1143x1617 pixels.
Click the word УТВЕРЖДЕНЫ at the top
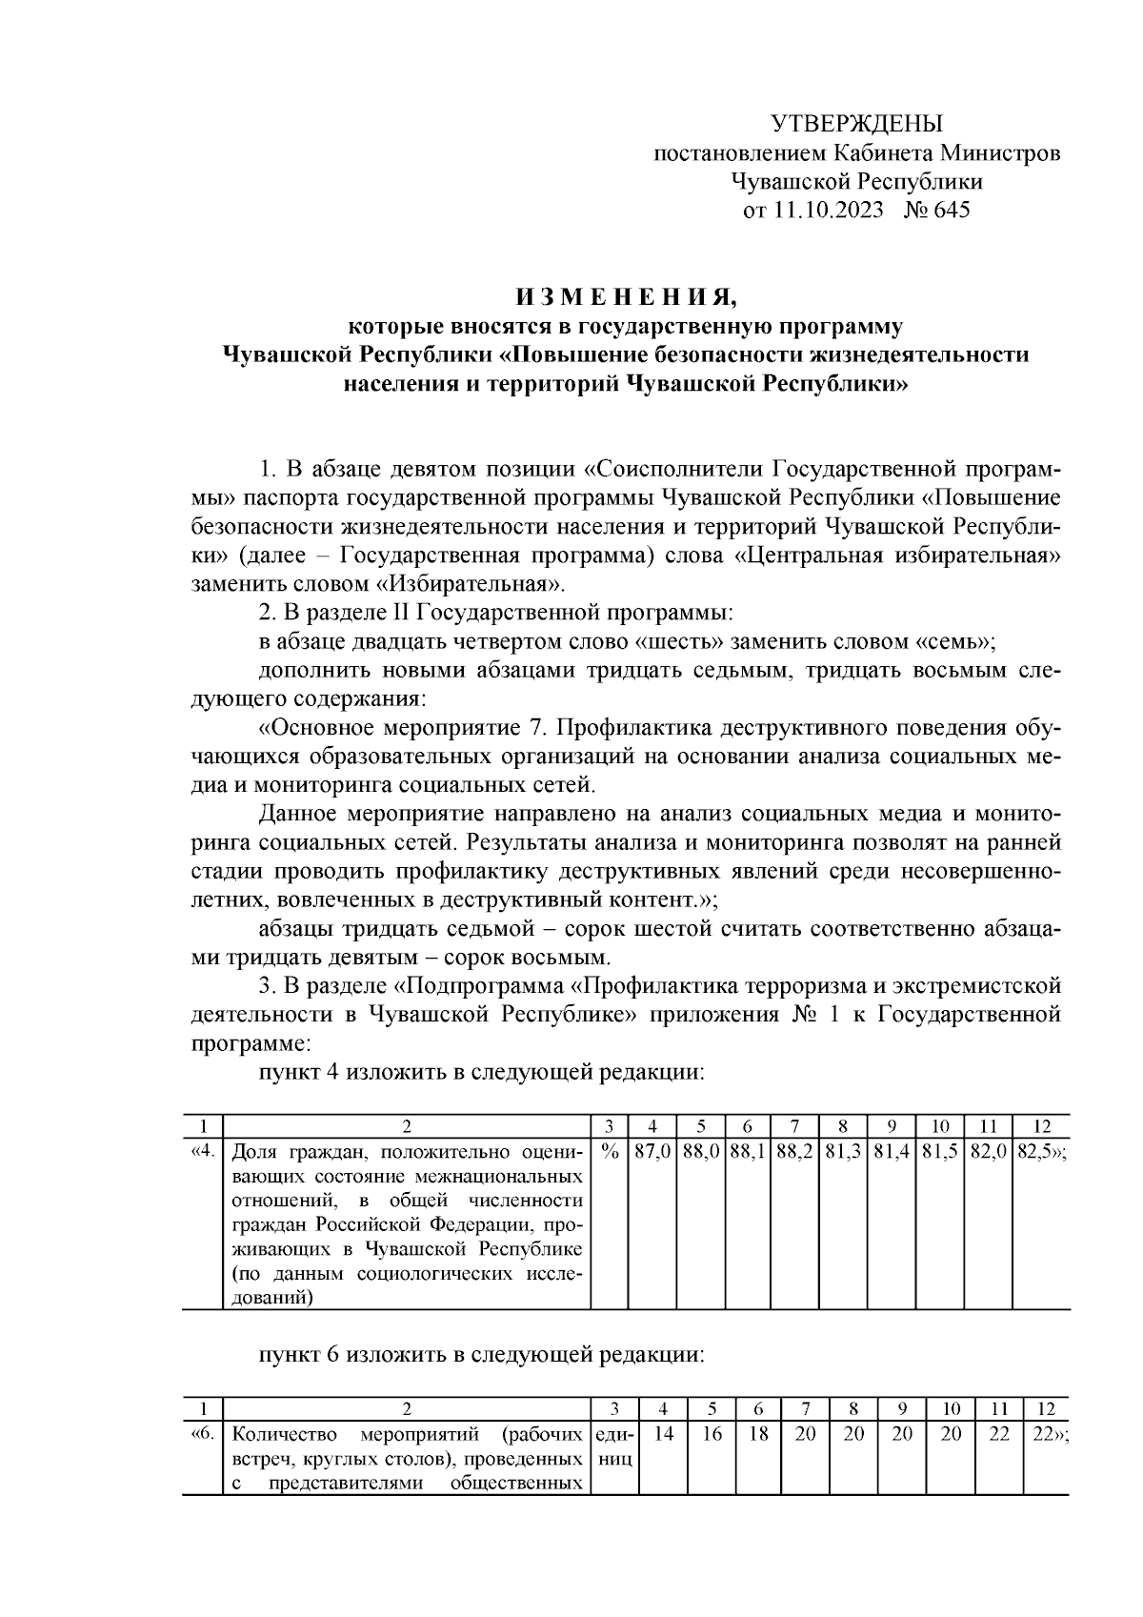pyautogui.click(x=855, y=124)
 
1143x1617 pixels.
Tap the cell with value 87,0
pyautogui.click(x=653, y=1151)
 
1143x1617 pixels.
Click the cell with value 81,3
pyautogui.click(x=844, y=1151)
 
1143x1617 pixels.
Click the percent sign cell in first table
pyautogui.click(x=611, y=1151)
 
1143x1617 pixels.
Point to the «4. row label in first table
pyautogui.click(x=202, y=1151)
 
